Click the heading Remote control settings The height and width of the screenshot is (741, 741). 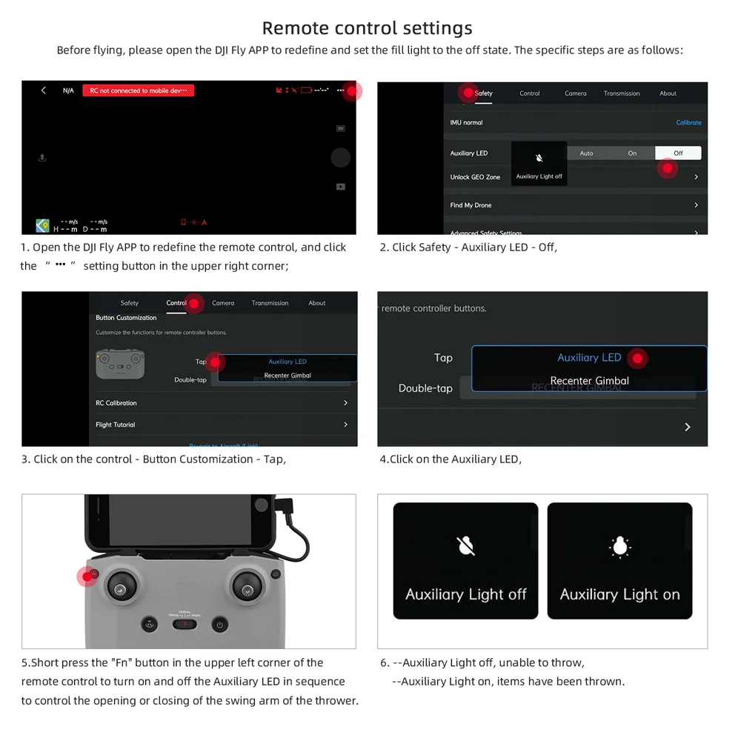click(x=367, y=28)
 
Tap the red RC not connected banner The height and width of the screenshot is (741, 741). click(x=138, y=90)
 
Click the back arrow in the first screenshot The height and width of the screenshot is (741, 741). click(x=44, y=90)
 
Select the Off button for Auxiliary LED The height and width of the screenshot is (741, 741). click(x=677, y=153)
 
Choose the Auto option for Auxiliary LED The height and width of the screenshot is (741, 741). click(x=586, y=153)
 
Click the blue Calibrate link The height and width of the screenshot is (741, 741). click(x=688, y=123)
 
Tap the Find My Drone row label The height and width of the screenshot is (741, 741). click(x=471, y=205)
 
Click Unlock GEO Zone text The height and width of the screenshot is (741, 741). click(x=475, y=177)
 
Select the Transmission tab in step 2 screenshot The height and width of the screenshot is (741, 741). click(x=621, y=93)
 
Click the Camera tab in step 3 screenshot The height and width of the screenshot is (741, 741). click(x=223, y=303)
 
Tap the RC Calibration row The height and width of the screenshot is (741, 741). click(x=116, y=403)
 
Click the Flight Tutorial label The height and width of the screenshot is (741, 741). click(x=116, y=425)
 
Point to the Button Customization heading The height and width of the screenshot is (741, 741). click(x=126, y=318)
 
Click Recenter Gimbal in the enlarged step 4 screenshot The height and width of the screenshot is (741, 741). click(x=589, y=381)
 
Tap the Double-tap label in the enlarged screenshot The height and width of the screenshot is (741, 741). click(x=425, y=388)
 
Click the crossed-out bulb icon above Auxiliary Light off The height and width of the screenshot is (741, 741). click(x=465, y=546)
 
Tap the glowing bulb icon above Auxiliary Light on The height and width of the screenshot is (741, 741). click(x=619, y=546)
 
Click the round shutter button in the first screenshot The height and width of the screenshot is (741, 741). click(x=340, y=157)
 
